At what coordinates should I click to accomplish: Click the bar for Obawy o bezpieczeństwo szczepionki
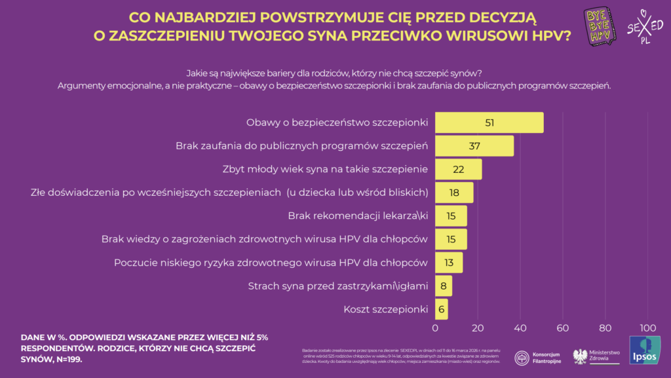pyautogui.click(x=489, y=123)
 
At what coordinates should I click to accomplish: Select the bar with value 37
pyautogui.click(x=474, y=146)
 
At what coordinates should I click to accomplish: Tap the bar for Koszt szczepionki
pyautogui.click(x=442, y=309)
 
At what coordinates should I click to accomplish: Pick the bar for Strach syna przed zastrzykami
pyautogui.click(x=444, y=286)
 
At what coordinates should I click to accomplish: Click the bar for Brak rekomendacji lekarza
pyautogui.click(x=451, y=216)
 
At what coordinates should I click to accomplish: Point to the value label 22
pyautogui.click(x=458, y=169)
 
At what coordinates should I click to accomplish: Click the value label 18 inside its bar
pyautogui.click(x=453, y=193)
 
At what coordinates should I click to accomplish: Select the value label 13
pyautogui.click(x=449, y=263)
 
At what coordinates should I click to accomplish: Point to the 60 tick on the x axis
pyautogui.click(x=563, y=328)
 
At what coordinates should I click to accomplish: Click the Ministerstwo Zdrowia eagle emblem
pyautogui.click(x=580, y=356)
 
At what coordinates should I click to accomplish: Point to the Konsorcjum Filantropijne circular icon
pyautogui.click(x=522, y=358)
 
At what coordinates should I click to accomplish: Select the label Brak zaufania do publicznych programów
pyautogui.click(x=301, y=146)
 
